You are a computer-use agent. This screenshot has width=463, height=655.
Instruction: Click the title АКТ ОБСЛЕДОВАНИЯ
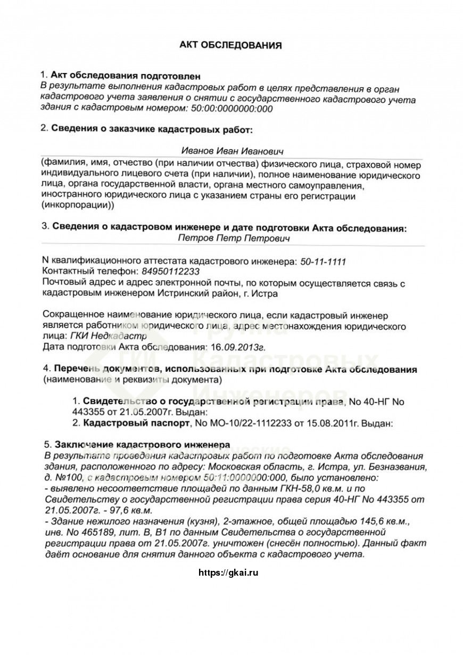tap(230, 45)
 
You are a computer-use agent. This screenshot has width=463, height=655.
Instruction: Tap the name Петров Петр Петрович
tap(234, 239)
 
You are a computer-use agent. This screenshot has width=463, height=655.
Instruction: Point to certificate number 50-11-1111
tap(323, 262)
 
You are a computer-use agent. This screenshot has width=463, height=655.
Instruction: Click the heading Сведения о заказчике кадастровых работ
tap(152, 129)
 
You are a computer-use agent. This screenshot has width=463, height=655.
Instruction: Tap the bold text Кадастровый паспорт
tap(136, 424)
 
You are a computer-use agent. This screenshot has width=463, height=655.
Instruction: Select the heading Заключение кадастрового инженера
tap(140, 445)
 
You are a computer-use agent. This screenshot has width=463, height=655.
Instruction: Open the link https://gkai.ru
tap(228, 573)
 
